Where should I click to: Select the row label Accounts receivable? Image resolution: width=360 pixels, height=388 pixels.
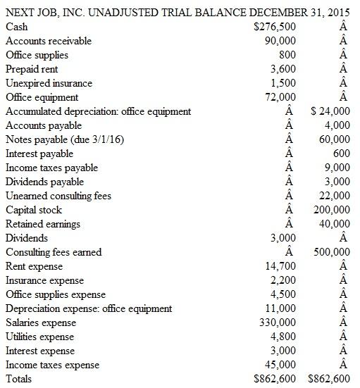tap(49, 41)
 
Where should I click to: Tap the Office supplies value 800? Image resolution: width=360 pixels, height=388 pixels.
tap(287, 55)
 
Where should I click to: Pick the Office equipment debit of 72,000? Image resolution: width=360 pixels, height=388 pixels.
tap(280, 97)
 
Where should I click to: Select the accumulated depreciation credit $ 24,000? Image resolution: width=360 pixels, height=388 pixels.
tap(330, 111)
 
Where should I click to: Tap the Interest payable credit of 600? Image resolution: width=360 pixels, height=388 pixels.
tap(342, 154)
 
